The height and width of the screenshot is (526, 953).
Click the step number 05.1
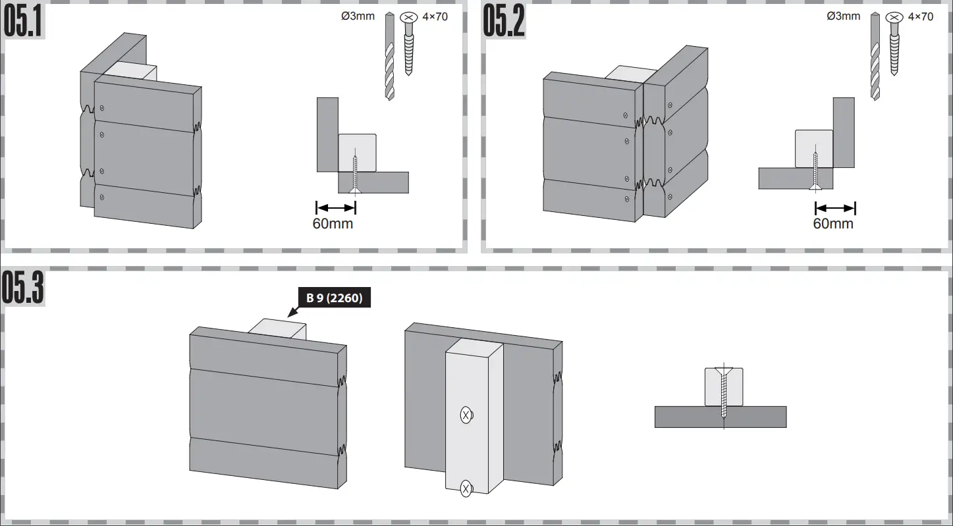tap(24, 22)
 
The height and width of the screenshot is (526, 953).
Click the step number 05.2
tap(504, 22)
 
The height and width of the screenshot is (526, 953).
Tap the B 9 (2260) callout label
tap(334, 298)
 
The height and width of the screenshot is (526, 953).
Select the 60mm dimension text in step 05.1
tap(333, 224)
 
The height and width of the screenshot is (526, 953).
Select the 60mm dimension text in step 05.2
tap(833, 224)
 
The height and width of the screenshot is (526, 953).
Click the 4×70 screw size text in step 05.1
tap(435, 16)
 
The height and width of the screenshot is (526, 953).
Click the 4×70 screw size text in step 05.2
tap(920, 16)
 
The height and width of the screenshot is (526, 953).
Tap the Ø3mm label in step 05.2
tap(843, 16)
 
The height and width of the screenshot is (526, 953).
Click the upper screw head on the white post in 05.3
tap(466, 415)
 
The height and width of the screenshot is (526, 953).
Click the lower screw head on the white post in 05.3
tap(466, 488)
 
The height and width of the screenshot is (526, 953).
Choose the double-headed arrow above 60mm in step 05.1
tap(336, 207)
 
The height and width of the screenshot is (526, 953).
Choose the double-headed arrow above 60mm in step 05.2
tap(835, 208)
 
